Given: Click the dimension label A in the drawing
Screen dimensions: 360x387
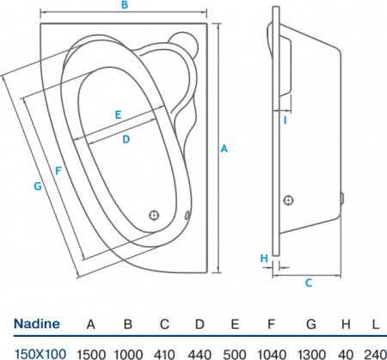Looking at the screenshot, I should pyautogui.click(x=224, y=149).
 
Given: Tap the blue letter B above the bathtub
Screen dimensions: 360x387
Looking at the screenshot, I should pyautogui.click(x=124, y=6).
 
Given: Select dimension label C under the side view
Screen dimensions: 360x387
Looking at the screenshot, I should pyautogui.click(x=308, y=281).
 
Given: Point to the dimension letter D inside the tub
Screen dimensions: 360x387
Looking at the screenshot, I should pyautogui.click(x=126, y=138).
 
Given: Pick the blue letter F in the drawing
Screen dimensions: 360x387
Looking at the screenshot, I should pyautogui.click(x=58, y=170).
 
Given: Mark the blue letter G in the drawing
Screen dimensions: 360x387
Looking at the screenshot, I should pyautogui.click(x=37, y=186).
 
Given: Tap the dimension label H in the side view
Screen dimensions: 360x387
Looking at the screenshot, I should pyautogui.click(x=264, y=257).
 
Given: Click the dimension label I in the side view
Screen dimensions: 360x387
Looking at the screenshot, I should pyautogui.click(x=285, y=119).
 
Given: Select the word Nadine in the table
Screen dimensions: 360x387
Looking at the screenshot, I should pyautogui.click(x=36, y=324).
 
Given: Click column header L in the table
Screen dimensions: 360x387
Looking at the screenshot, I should pyautogui.click(x=375, y=324).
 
